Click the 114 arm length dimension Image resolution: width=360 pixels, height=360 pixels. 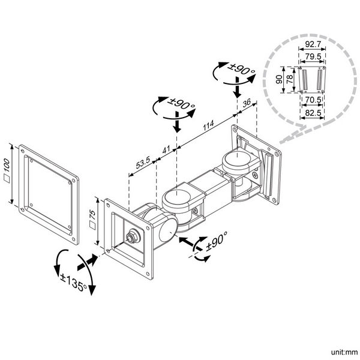pos(208,127)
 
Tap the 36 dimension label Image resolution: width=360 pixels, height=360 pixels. pos(246,103)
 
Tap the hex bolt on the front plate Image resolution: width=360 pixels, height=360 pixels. pos(130,236)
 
